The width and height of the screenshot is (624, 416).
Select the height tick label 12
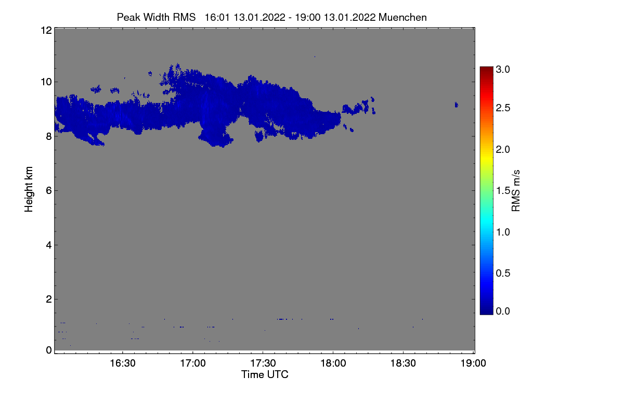pyautogui.click(x=46, y=30)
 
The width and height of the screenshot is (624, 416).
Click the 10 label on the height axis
pyautogui.click(x=46, y=82)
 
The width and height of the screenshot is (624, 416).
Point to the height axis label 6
pyautogui.click(x=49, y=191)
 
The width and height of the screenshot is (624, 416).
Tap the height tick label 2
pyautogui.click(x=49, y=300)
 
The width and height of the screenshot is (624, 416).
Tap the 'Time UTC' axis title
pyautogui.click(x=265, y=374)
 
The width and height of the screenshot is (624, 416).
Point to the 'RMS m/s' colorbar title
pyautogui.click(x=516, y=190)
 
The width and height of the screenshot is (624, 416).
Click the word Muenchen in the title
pyautogui.click(x=403, y=17)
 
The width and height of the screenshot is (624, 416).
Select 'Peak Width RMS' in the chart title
pyautogui.click(x=156, y=17)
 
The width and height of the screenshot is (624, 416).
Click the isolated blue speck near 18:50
pyautogui.click(x=456, y=105)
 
